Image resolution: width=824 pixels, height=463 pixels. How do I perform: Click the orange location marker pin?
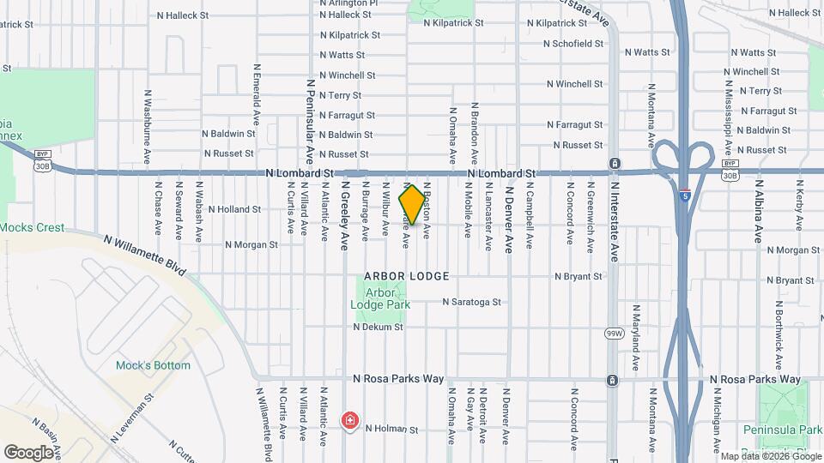click(412, 206)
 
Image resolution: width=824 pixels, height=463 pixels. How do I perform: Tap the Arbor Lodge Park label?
click(382, 298)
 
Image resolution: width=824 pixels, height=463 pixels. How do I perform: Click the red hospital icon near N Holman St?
click(349, 420)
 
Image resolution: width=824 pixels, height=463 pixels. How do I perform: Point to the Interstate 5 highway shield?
click(684, 195)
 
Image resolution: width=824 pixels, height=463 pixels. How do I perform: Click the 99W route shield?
click(613, 332)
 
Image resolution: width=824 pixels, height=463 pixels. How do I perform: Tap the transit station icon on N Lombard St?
click(615, 164)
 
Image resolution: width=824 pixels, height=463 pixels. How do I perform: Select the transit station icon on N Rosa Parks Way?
click(611, 380)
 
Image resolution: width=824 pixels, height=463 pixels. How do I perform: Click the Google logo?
click(28, 452)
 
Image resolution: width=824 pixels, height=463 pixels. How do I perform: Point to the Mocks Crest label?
click(33, 228)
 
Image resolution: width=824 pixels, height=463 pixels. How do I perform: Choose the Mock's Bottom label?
click(153, 365)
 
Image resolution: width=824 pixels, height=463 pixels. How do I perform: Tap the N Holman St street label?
click(391, 429)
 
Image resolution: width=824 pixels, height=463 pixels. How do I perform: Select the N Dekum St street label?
click(378, 327)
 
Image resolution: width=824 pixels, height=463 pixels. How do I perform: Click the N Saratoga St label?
click(471, 302)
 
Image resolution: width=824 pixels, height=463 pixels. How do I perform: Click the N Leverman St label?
click(131, 418)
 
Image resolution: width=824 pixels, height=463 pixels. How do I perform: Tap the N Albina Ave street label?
click(759, 210)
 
